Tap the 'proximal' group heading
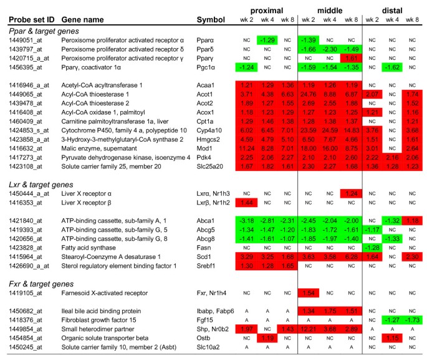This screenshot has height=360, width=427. pyautogui.click(x=267, y=11)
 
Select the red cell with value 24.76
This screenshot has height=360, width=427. pyautogui.click(x=310, y=93)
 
